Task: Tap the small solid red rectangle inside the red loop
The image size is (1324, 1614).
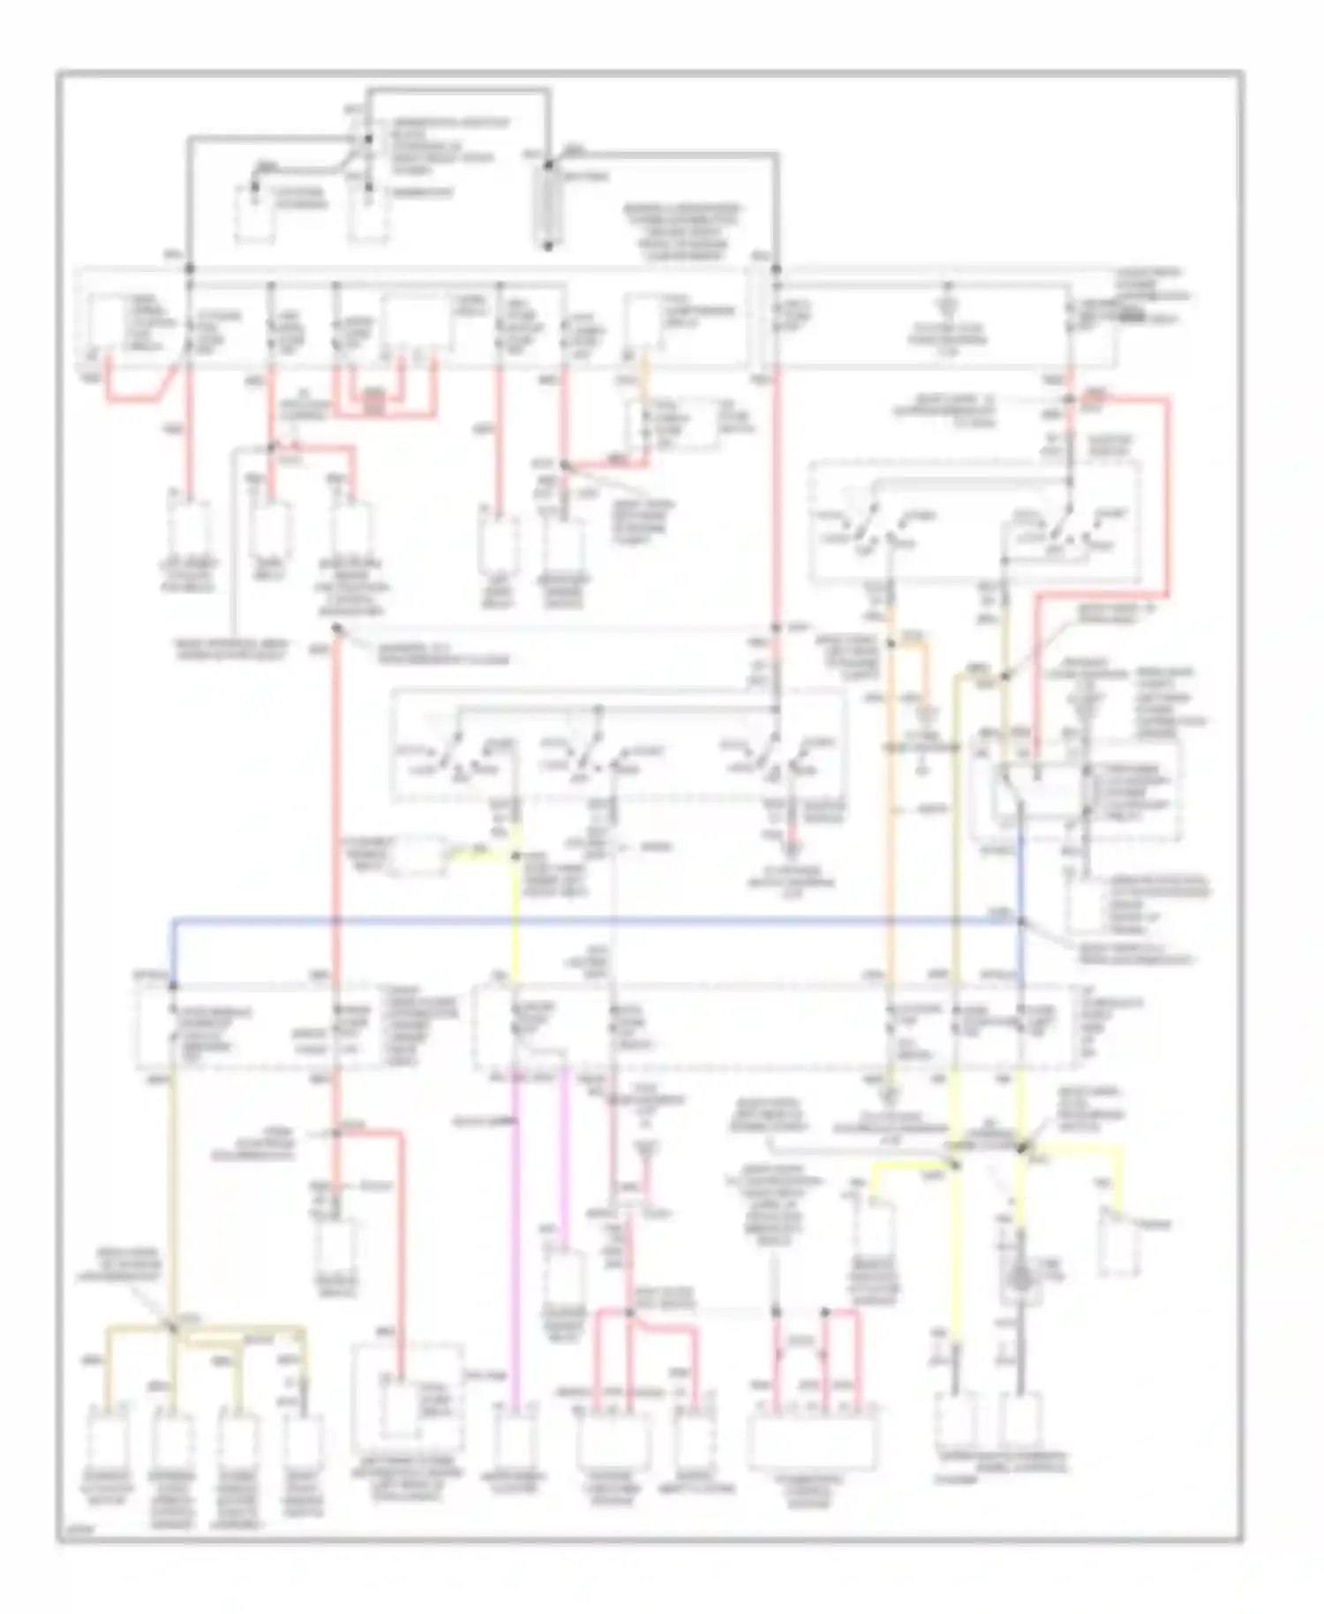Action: pyautogui.click(x=374, y=402)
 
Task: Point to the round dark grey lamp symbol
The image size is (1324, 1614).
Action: pyautogui.click(x=1019, y=1278)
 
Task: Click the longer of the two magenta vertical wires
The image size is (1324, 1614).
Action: pyautogui.click(x=515, y=1236)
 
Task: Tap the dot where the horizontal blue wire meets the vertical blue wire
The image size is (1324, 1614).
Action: pyautogui.click(x=1021, y=922)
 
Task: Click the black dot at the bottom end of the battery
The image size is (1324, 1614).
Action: pyautogui.click(x=547, y=246)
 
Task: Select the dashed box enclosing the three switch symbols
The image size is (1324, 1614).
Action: pyautogui.click(x=618, y=746)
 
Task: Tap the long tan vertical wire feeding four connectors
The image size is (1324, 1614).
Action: pyautogui.click(x=173, y=1192)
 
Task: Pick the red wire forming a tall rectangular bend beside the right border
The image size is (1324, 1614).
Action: pyautogui.click(x=1167, y=494)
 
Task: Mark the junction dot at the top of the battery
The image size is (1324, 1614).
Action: pyautogui.click(x=547, y=165)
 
